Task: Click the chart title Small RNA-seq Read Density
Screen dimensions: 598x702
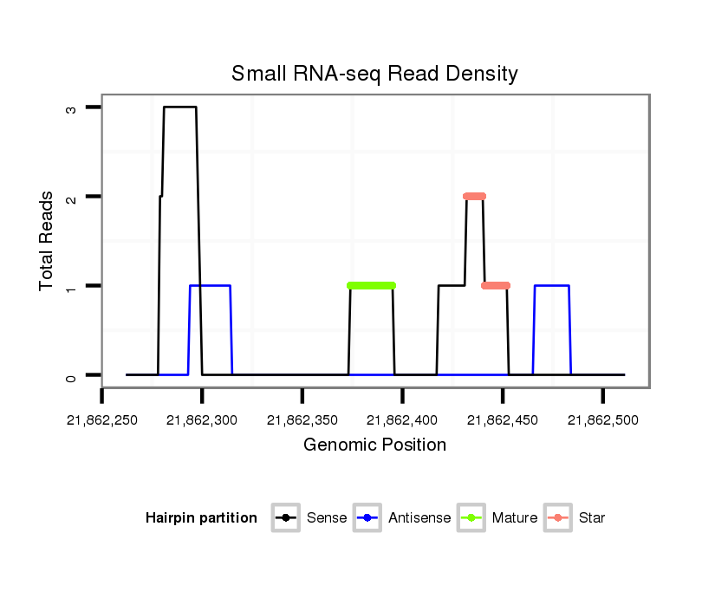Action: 374,74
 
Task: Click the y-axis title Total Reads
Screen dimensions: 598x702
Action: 49,241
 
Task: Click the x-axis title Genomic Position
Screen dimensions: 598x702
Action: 374,445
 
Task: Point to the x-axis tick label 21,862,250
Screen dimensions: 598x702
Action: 102,420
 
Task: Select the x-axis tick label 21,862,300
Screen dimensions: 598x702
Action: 202,420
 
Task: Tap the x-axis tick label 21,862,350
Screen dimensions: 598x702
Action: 302,420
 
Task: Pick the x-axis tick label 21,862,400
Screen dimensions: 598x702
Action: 402,420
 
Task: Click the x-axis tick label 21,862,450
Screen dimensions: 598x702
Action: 503,420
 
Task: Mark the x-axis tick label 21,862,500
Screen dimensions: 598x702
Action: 602,420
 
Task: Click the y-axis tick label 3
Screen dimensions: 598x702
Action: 70,107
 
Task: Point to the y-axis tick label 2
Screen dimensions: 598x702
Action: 70,197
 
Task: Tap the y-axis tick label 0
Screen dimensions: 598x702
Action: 70,376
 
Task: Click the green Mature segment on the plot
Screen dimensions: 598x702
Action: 371,285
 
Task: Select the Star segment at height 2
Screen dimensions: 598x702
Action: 474,196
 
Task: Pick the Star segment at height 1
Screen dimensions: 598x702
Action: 496,285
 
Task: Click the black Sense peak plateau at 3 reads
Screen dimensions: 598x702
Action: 179,107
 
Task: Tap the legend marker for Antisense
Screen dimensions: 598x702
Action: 368,518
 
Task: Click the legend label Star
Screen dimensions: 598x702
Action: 592,518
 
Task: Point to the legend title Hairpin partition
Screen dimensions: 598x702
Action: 201,518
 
